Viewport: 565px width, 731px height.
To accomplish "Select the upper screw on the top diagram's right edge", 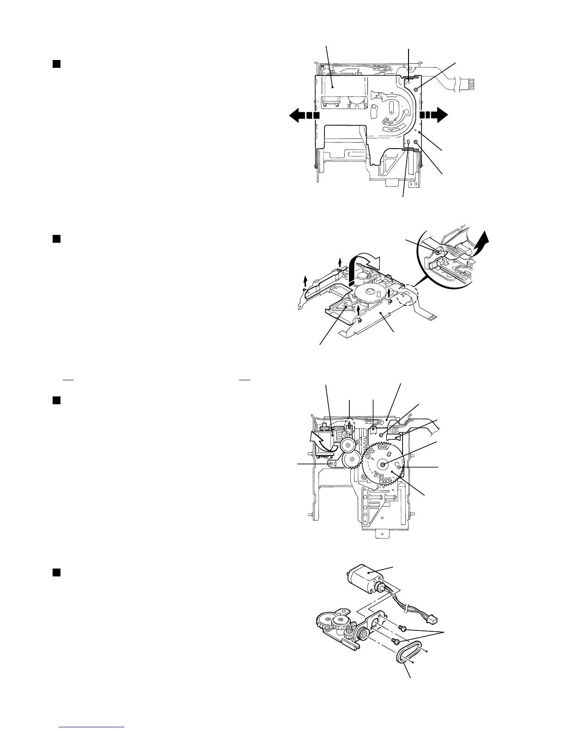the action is tap(416, 89).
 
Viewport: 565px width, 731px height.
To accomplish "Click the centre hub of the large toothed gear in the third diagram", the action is tap(383, 464).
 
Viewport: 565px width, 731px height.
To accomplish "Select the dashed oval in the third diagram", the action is tap(350, 426).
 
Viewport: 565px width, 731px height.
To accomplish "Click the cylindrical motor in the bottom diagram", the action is tap(366, 582).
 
